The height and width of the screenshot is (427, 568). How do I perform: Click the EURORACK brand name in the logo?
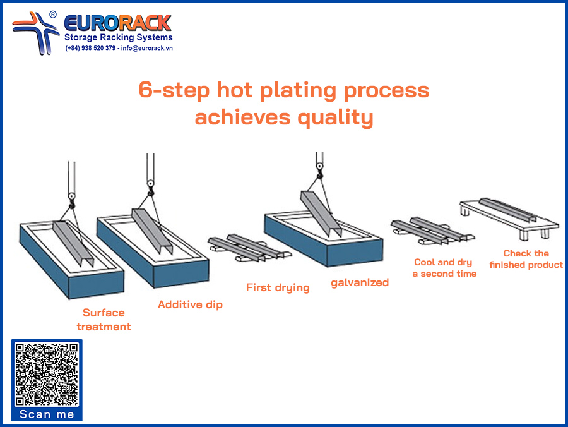point(117,23)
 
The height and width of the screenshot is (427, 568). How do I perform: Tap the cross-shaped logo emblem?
point(35,33)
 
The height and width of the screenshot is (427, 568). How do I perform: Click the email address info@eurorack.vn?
point(146,48)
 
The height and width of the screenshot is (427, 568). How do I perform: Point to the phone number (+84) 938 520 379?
point(90,48)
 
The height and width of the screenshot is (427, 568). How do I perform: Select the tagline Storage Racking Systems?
point(119,37)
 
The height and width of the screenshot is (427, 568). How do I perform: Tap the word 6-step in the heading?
point(174,90)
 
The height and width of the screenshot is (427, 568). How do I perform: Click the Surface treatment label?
point(104,320)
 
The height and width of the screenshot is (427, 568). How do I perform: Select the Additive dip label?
point(190,304)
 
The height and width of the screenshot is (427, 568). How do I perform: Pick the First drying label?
point(278,287)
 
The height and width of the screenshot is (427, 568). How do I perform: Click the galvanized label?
point(360,282)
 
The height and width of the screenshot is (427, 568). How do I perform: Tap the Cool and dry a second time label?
point(444,268)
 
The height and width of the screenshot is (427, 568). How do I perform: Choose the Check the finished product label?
point(526,259)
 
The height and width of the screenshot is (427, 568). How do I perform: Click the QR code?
point(47,374)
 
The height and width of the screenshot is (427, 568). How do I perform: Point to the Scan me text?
point(47,414)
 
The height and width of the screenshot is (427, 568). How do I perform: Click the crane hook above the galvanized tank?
point(319,171)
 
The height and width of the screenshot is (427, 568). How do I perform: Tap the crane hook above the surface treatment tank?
point(72,200)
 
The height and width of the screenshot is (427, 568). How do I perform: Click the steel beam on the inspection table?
point(507,210)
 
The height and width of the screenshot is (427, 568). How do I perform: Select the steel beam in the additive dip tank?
point(151,231)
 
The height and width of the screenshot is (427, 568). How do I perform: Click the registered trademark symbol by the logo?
point(53,15)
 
